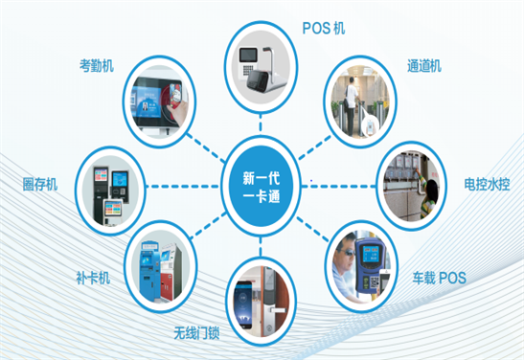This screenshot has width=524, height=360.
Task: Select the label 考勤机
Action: pos(98,67)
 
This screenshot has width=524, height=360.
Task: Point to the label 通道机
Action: pos(421,67)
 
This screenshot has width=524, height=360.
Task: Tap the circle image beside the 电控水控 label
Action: pos(409,182)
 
